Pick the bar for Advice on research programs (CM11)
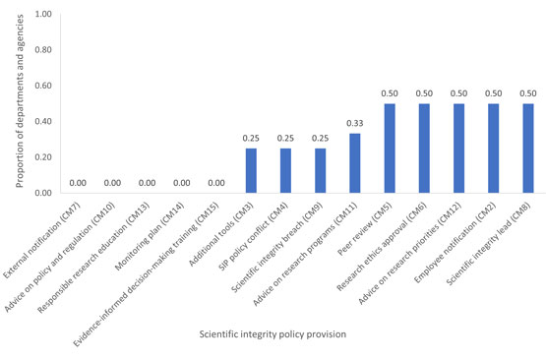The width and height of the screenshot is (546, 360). pyautogui.click(x=355, y=163)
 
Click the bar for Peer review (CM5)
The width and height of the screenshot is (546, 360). pyautogui.click(x=390, y=149)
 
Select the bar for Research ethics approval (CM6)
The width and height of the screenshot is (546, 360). pyautogui.click(x=424, y=149)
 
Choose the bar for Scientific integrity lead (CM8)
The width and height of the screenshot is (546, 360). pyautogui.click(x=528, y=149)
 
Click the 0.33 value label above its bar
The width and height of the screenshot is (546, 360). pyautogui.click(x=355, y=123)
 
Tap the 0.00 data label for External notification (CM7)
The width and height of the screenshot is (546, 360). pyautogui.click(x=78, y=183)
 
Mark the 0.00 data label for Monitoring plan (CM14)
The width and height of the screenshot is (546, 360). pyautogui.click(x=182, y=183)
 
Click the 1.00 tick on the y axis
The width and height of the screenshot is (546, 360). pyautogui.click(x=43, y=15)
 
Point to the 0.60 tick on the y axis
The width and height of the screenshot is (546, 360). pyautogui.click(x=43, y=86)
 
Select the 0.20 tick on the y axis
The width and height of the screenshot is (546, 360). pyautogui.click(x=43, y=157)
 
